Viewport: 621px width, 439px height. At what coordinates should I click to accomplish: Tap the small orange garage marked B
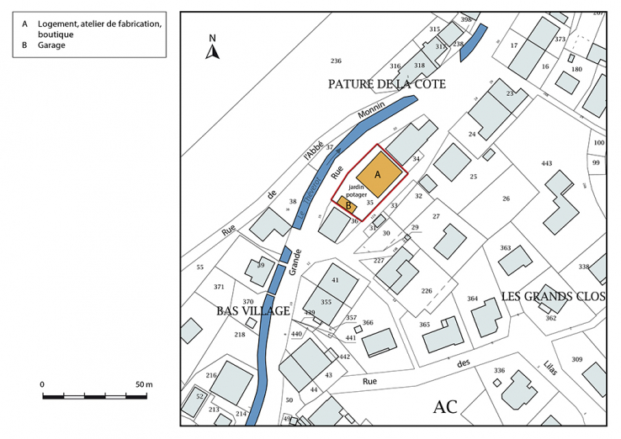348,204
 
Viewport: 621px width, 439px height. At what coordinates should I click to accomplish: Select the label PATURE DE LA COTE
386,84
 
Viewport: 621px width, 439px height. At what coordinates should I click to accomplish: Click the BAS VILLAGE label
252,311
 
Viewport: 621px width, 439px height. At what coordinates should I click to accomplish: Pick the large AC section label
445,407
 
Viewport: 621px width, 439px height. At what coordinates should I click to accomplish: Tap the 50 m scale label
143,384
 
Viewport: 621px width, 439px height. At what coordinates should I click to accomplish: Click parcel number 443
547,163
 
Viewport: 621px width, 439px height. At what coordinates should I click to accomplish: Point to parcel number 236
336,61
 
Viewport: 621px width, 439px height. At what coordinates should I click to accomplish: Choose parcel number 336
499,370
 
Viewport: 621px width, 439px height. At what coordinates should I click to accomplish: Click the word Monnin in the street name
371,112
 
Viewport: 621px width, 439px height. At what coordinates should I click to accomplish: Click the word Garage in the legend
51,45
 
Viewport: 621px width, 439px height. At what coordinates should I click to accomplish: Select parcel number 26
506,198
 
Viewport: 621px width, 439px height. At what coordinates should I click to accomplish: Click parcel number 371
219,287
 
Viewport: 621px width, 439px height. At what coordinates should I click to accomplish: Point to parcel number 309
576,359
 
